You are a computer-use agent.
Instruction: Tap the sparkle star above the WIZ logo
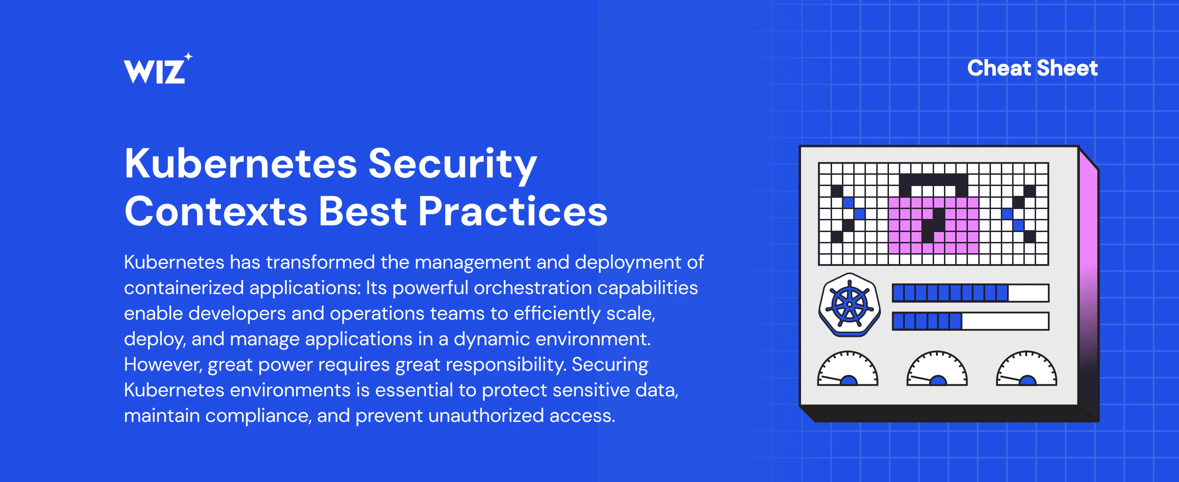pyautogui.click(x=188, y=57)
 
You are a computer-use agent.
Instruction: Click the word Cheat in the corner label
pyautogui.click(x=999, y=68)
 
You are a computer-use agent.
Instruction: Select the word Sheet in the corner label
pyautogui.click(x=1067, y=68)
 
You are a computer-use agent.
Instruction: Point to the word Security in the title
pyautogui.click(x=452, y=165)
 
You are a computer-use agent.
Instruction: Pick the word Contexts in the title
pyautogui.click(x=216, y=211)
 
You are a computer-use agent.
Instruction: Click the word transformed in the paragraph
pyautogui.click(x=321, y=262)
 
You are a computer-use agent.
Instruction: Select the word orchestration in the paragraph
pyautogui.click(x=533, y=288)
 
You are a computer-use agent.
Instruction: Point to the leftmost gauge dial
pyautogui.click(x=848, y=369)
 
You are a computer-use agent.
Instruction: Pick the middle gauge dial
pyautogui.click(x=937, y=369)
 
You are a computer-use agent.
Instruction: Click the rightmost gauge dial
pyautogui.click(x=1027, y=369)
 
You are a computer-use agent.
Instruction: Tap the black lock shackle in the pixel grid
pyautogui.click(x=934, y=179)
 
